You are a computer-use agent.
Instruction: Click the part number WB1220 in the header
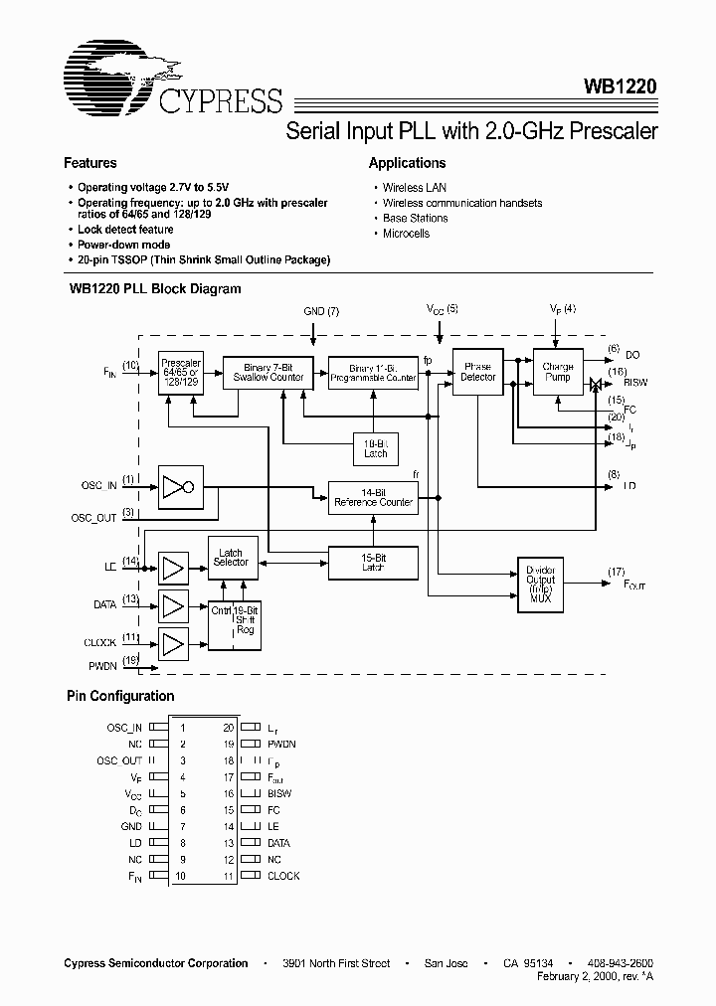pyautogui.click(x=619, y=87)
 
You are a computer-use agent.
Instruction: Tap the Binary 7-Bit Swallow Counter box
pyautogui.click(x=268, y=372)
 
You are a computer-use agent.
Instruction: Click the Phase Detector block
pyautogui.click(x=477, y=372)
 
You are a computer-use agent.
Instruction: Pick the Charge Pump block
pyautogui.click(x=558, y=372)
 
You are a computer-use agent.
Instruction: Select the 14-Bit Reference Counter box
pyautogui.click(x=373, y=497)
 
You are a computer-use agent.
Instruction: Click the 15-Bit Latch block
pyautogui.click(x=373, y=564)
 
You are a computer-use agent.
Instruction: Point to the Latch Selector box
pyautogui.click(x=231, y=558)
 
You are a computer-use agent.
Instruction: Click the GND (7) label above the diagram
pyautogui.click(x=321, y=311)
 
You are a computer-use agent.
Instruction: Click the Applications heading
pyautogui.click(x=407, y=163)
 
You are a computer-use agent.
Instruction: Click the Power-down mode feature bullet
pyautogui.click(x=123, y=245)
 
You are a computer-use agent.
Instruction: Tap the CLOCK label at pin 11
pyautogui.click(x=283, y=876)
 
